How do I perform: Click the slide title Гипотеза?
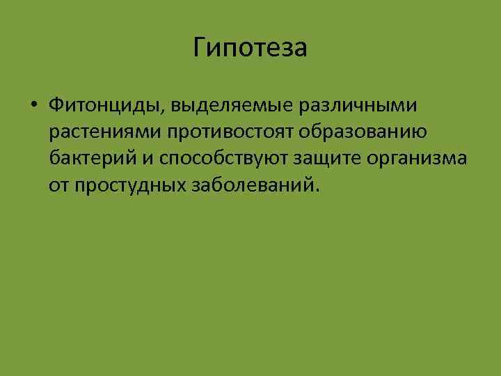250,48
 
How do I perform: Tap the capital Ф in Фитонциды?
56,105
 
